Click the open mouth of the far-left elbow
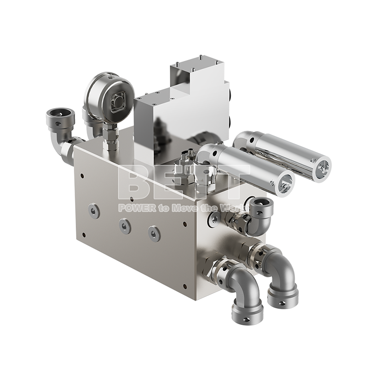click(x=60, y=114)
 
